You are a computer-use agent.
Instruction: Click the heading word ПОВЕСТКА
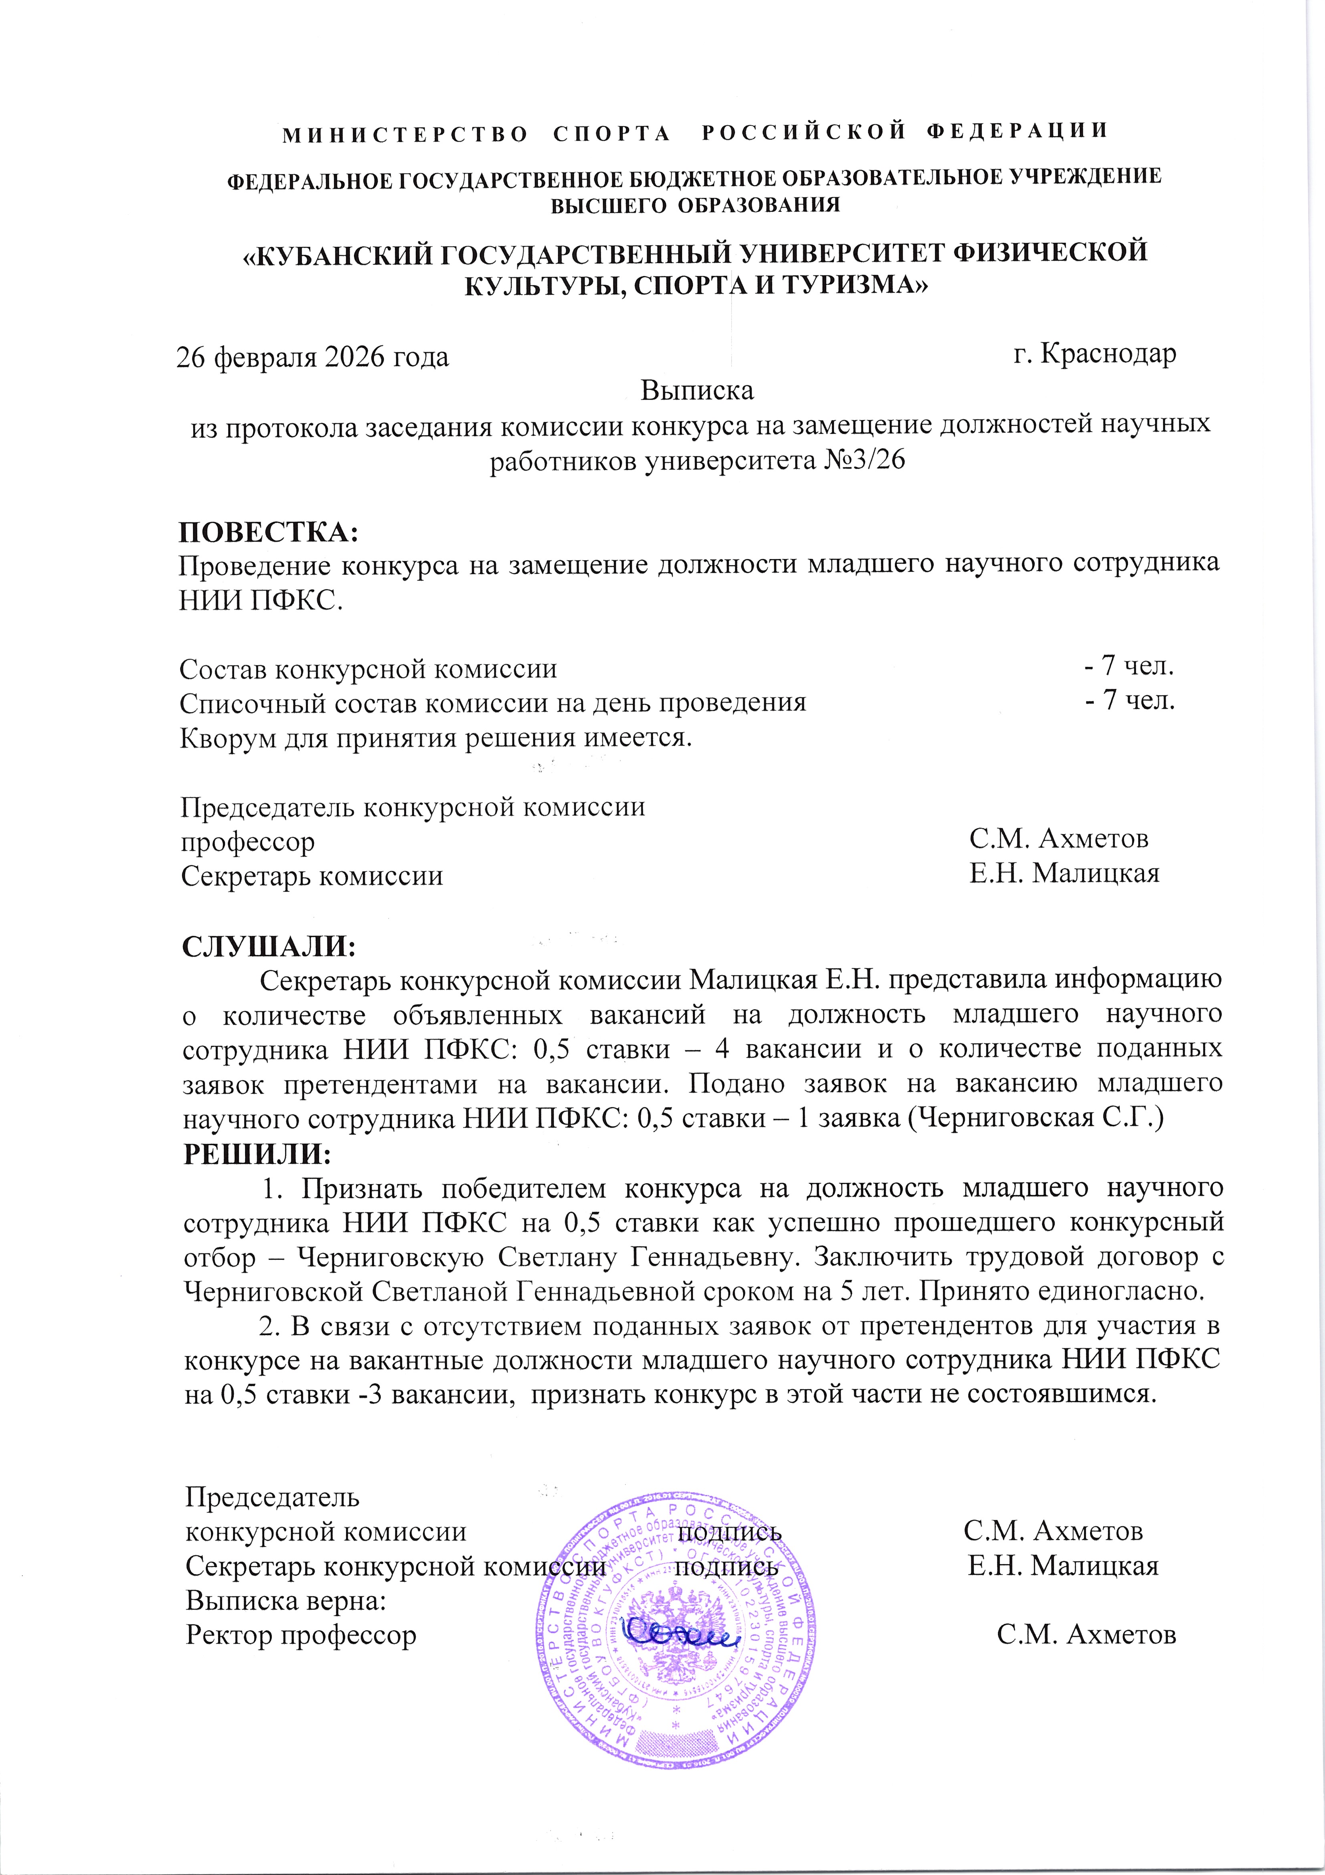click(x=268, y=533)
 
